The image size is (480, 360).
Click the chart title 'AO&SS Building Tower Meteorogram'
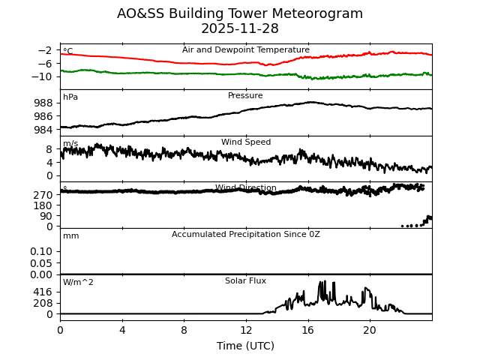240,13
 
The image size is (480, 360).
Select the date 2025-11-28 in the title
240,28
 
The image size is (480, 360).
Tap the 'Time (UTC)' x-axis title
246,346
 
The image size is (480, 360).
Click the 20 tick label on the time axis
370,330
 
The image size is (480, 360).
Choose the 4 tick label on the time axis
122,330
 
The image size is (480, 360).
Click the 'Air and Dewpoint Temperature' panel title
246,50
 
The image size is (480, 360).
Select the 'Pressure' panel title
246,96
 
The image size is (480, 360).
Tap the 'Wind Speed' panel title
246,142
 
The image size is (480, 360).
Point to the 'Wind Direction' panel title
246,188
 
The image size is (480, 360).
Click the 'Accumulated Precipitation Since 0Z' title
246,235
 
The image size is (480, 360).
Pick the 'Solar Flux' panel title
246,281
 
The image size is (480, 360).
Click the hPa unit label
70,97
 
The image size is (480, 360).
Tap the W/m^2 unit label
79,283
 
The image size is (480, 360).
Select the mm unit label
71,236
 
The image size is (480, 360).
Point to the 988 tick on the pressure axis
43,103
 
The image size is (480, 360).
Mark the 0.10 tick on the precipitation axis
41,251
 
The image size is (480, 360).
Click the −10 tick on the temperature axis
43,76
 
